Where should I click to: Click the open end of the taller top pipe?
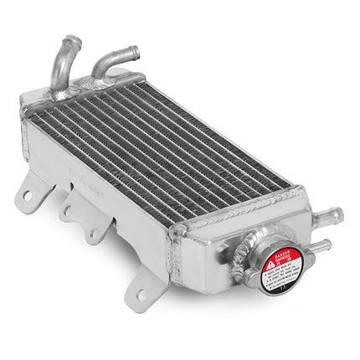pyautogui.click(x=73, y=40)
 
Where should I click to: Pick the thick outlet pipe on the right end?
pyautogui.click(x=328, y=218)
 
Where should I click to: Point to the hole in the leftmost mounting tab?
pyautogui.click(x=28, y=195)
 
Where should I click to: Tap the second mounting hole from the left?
pyautogui.click(x=66, y=213)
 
